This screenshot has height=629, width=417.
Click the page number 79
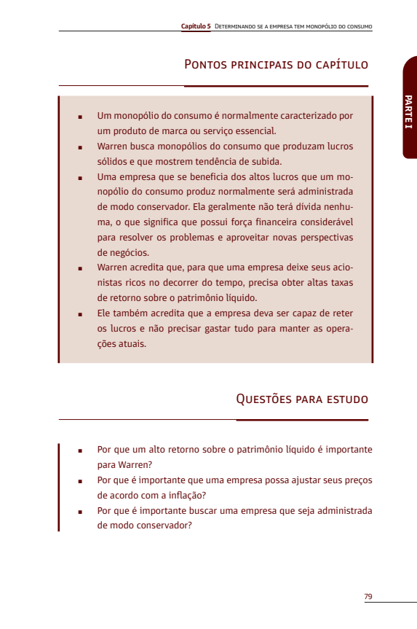[368, 596]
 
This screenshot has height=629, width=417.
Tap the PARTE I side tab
[409, 112]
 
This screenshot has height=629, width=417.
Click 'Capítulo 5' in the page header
[196, 26]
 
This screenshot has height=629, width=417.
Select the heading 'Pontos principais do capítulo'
[276, 65]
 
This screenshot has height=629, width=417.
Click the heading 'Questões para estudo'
[302, 399]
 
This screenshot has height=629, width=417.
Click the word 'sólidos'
[113, 162]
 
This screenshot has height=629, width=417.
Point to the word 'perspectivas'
[323, 238]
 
